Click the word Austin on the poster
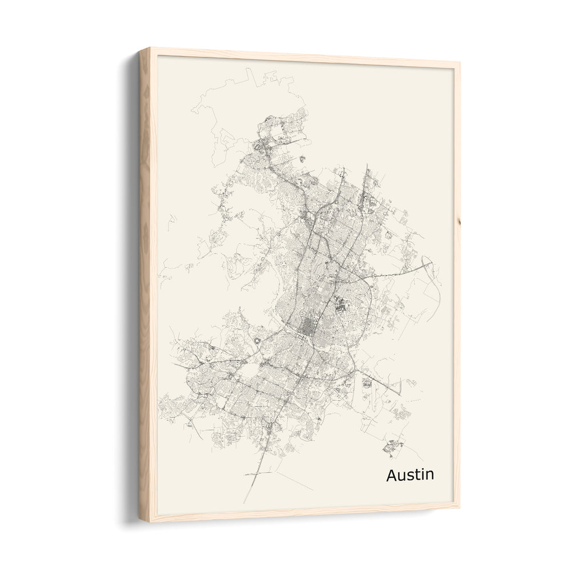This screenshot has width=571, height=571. (409, 475)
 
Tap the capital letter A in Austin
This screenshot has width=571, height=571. (392, 475)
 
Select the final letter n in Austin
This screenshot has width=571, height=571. (429, 476)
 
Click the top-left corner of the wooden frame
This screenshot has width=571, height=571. (140, 50)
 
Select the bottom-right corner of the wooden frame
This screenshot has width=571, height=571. (459, 505)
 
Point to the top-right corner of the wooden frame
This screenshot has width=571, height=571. (460, 63)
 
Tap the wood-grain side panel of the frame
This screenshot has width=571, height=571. (145, 285)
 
